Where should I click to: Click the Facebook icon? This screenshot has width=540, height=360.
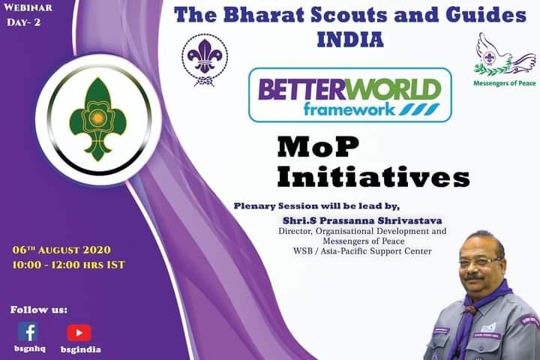(28, 331)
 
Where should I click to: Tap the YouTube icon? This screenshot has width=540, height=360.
(79, 332)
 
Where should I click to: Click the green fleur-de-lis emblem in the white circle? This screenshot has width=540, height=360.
(94, 119)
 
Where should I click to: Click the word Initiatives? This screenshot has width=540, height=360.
(373, 177)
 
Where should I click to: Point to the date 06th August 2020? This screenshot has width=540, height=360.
(63, 249)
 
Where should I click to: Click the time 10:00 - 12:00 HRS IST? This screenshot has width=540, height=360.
(69, 264)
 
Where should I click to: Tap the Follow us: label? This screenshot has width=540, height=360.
(38, 309)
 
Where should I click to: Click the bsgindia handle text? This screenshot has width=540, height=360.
(80, 349)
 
